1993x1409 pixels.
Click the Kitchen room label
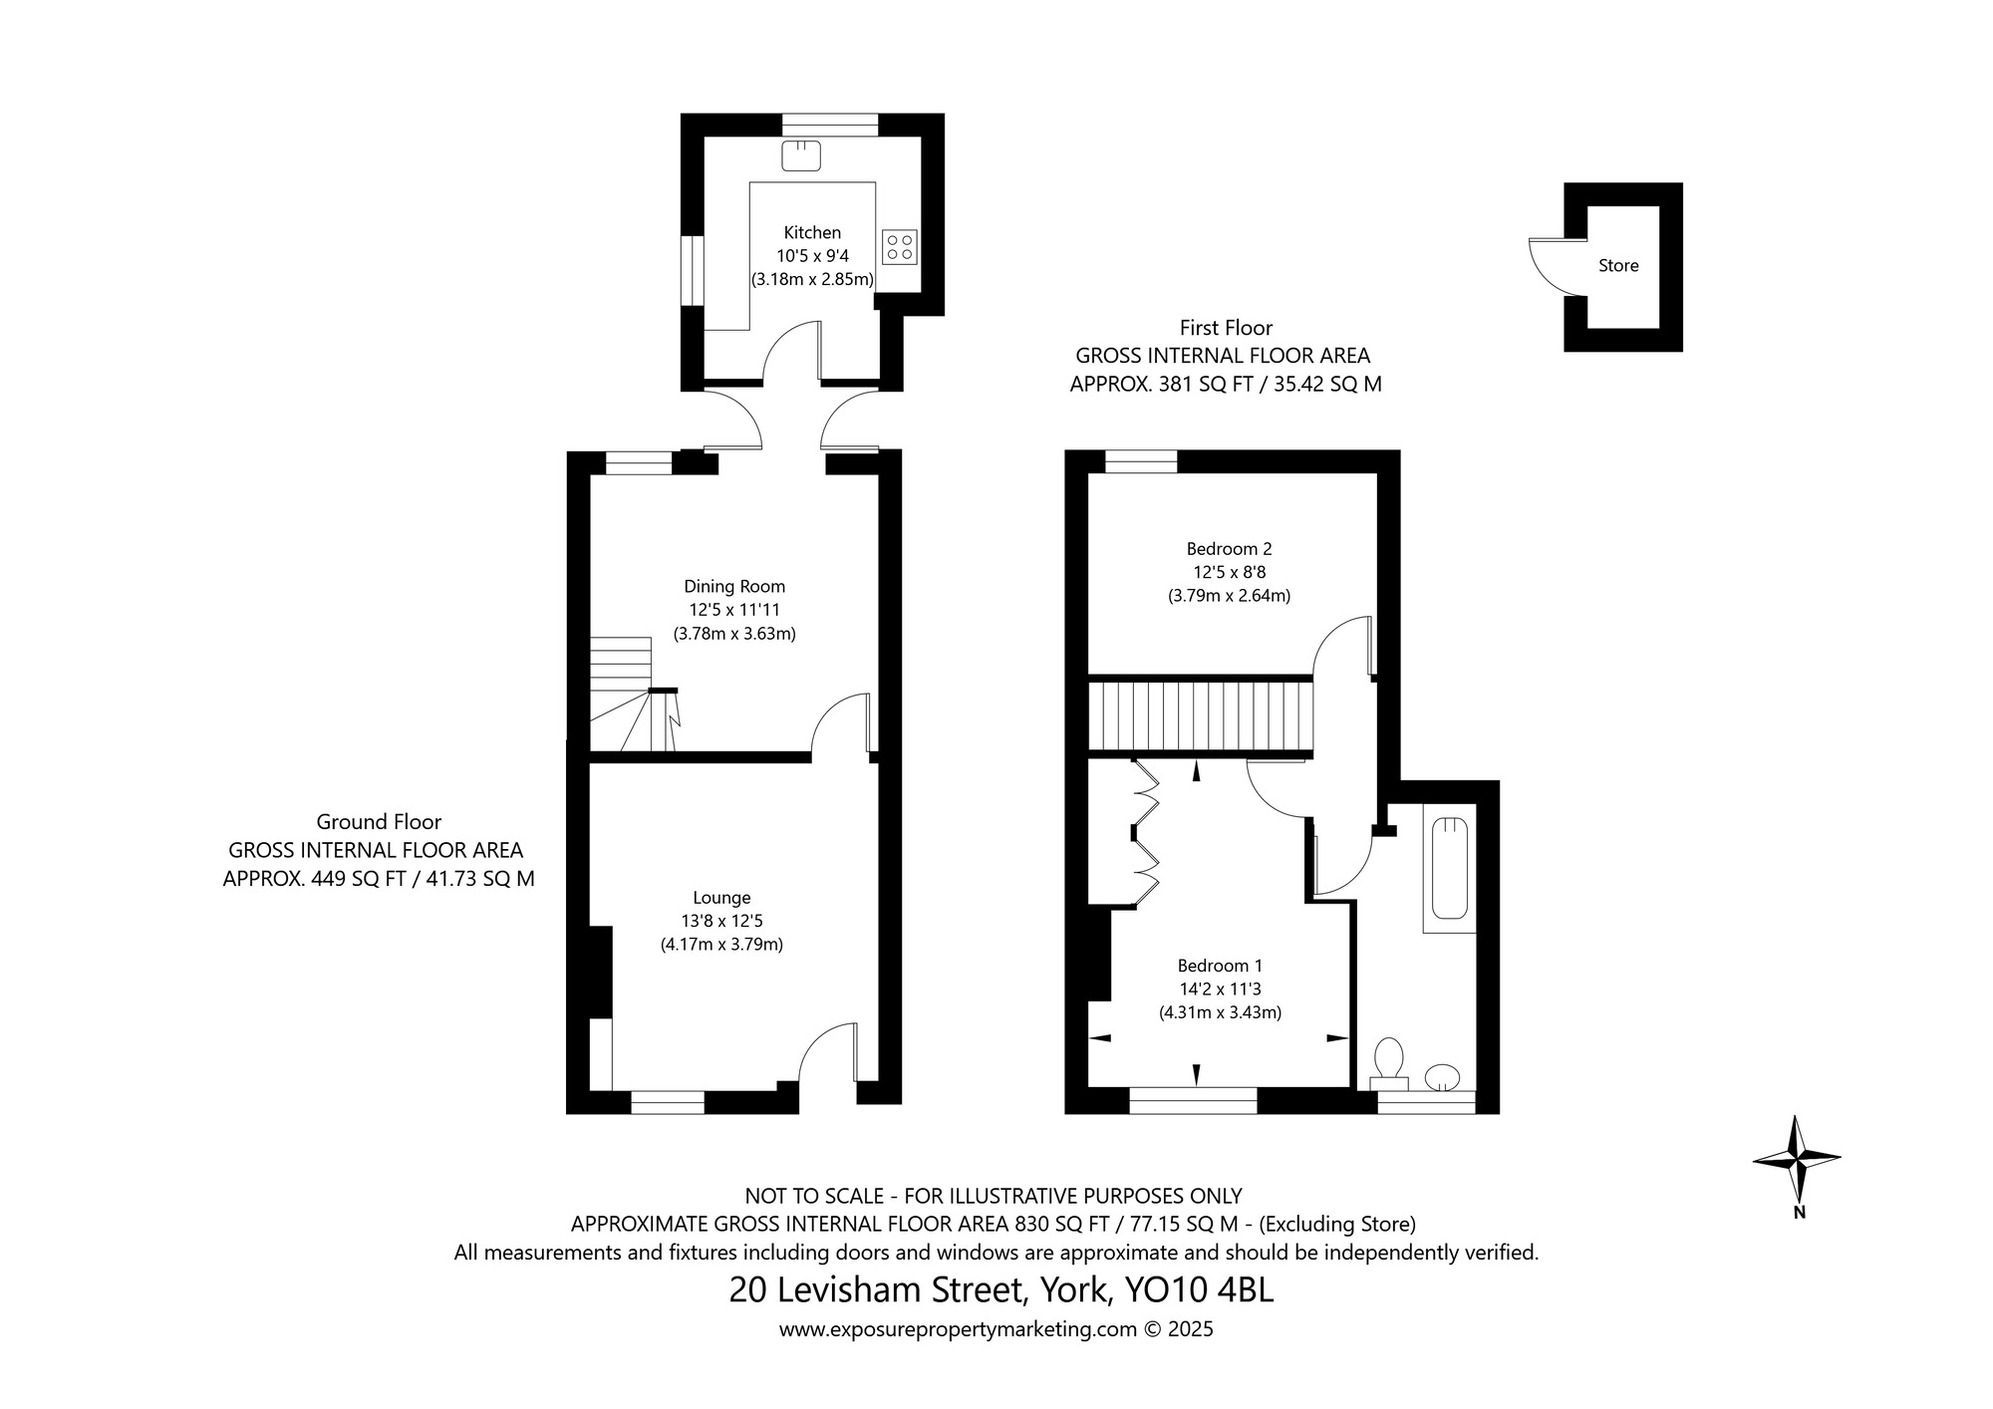(x=812, y=232)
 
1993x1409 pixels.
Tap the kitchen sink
(x=799, y=155)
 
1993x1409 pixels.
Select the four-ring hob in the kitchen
(x=899, y=246)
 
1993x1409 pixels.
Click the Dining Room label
(x=734, y=586)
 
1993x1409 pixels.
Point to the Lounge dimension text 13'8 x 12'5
(x=721, y=921)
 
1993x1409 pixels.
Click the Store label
(x=1618, y=266)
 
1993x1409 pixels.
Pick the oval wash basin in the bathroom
(x=1442, y=1077)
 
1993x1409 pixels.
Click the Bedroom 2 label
(x=1229, y=548)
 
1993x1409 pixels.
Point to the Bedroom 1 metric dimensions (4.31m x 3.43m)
(x=1220, y=1013)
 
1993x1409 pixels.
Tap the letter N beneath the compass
(x=1799, y=1213)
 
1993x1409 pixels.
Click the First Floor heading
(x=1226, y=327)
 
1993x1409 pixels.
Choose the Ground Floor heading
(x=379, y=822)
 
